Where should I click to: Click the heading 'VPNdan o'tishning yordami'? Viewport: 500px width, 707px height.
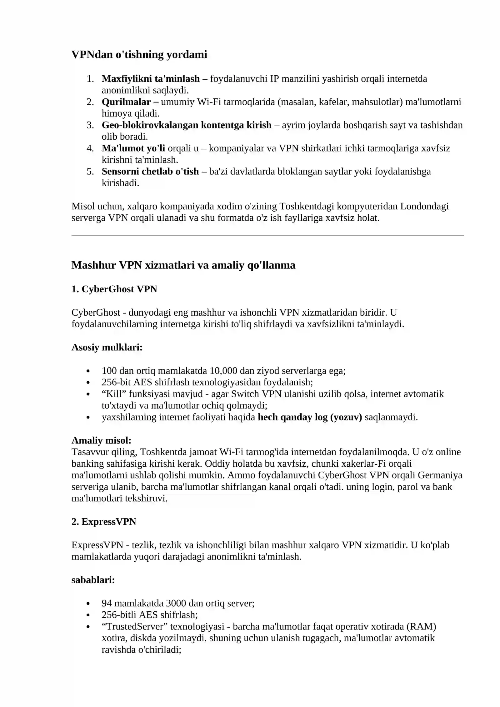tap(139, 54)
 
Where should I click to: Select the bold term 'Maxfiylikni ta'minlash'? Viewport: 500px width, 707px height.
tap(150, 78)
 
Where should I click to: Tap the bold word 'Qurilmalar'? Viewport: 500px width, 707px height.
tap(126, 102)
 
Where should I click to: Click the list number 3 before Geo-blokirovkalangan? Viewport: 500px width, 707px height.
tap(90, 125)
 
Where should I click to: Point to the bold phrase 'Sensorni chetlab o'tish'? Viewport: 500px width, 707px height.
tap(150, 171)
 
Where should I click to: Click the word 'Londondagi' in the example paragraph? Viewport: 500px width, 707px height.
tap(424, 206)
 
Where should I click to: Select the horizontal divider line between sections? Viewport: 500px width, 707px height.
tap(267, 235)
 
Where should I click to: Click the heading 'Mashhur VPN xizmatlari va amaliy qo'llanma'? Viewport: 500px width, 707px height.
tap(183, 265)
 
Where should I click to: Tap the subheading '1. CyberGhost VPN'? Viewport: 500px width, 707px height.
tap(114, 289)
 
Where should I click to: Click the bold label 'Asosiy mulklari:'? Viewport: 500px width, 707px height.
tap(107, 347)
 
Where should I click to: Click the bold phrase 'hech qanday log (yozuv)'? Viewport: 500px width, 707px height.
tap(310, 417)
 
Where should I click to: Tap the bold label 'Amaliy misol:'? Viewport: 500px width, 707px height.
tap(101, 440)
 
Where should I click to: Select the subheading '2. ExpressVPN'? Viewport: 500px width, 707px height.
tap(104, 522)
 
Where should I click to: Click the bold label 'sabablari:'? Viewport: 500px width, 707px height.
tap(93, 580)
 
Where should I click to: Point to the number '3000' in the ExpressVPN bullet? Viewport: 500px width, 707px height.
tap(176, 603)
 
